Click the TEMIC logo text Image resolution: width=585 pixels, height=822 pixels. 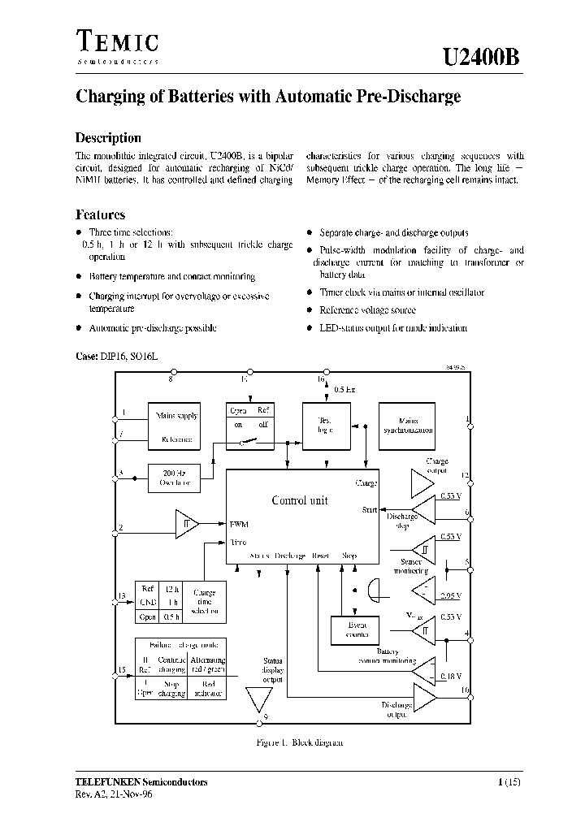click(117, 41)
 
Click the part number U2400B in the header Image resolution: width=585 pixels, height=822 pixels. click(479, 58)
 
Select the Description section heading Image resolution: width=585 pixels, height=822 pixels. click(108, 138)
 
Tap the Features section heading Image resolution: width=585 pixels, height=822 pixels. click(100, 215)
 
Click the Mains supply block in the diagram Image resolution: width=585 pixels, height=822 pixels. click(176, 426)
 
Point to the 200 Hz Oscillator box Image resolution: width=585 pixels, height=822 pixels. click(175, 478)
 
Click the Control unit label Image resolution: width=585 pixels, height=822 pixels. click(299, 501)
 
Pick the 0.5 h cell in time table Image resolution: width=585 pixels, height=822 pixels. click(171, 616)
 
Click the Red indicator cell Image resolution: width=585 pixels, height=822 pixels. click(206, 689)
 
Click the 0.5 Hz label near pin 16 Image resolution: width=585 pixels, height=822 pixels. click(344, 389)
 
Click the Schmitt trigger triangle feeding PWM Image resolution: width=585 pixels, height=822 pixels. click(187, 525)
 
